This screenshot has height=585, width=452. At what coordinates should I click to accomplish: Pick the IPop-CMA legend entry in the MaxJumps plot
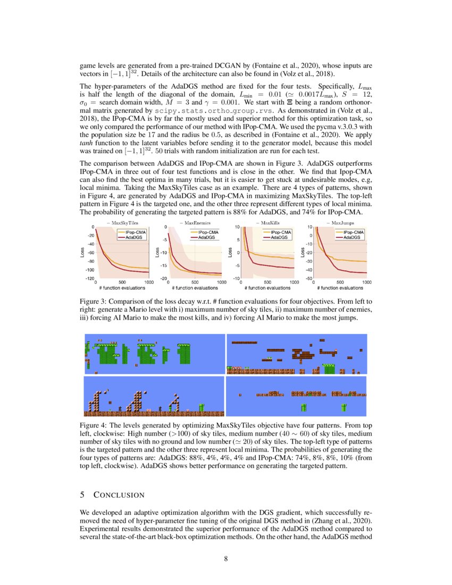(354, 232)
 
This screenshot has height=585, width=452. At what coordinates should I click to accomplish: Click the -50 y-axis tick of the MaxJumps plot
(307, 278)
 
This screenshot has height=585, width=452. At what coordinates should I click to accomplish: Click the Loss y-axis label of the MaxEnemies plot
(157, 253)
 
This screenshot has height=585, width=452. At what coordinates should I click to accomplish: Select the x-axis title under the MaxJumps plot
(340, 288)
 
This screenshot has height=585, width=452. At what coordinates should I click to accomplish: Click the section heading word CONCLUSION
(119, 495)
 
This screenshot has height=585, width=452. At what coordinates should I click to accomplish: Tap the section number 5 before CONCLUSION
(82, 495)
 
